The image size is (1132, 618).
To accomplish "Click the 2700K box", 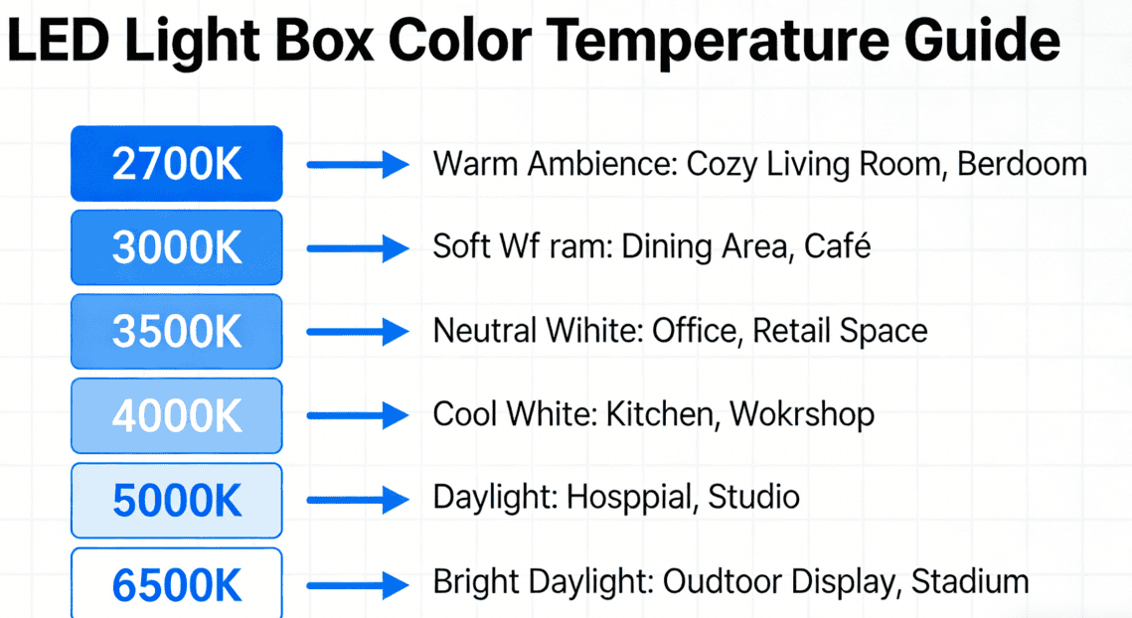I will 177,164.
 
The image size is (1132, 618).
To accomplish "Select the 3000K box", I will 177,247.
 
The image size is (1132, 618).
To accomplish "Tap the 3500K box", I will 177,332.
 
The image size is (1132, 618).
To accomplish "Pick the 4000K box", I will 177,415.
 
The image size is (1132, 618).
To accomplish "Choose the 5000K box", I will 177,500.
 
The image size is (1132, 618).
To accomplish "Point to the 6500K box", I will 177,584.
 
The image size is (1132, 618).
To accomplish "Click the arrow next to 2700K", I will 357,165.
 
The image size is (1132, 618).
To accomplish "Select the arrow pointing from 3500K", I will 357,332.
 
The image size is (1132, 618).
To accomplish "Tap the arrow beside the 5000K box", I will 357,499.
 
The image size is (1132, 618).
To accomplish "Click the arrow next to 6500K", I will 357,583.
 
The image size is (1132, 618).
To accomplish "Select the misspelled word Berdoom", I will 1022,164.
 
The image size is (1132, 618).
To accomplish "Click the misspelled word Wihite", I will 589,331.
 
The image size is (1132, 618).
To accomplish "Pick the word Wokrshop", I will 802,414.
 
